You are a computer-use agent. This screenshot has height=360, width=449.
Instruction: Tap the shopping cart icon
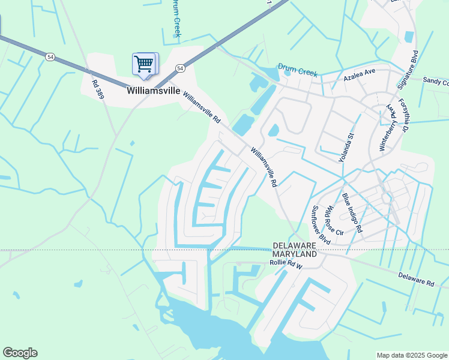click(144, 64)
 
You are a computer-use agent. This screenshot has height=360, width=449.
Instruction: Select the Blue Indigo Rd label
click(352, 212)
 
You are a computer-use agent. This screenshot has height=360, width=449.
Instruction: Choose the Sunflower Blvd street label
click(321, 224)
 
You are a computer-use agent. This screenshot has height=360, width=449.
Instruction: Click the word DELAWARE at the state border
click(294, 246)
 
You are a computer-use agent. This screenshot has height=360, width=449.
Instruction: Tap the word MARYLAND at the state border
click(294, 254)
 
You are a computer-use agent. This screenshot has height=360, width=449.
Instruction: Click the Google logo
click(20, 353)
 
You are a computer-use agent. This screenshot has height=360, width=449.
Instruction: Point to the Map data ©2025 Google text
click(411, 355)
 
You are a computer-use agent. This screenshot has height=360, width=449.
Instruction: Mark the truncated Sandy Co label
click(435, 80)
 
